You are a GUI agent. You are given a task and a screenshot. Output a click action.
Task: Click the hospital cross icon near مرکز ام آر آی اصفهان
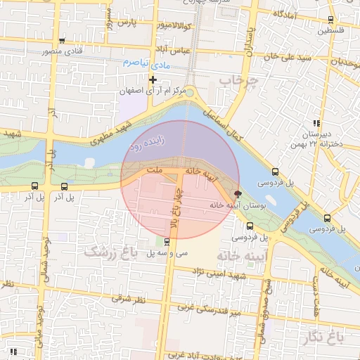click(153, 79)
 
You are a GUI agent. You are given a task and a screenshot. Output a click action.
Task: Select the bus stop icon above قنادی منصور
click(63, 41)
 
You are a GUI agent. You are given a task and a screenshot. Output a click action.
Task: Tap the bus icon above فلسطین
click(330, 20)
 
